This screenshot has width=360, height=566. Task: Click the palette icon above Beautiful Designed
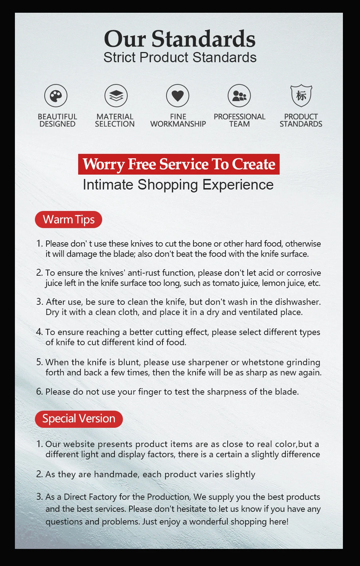click(56, 96)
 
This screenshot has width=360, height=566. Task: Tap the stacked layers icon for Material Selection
click(116, 96)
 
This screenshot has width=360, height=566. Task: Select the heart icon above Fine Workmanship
click(177, 96)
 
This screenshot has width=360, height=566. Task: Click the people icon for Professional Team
click(239, 96)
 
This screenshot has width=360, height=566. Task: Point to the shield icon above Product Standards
click(301, 96)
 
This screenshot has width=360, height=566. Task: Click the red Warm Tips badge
click(68, 220)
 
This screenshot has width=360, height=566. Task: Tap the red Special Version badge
click(79, 419)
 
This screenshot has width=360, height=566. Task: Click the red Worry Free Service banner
click(179, 164)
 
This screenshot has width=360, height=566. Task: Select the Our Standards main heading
click(180, 39)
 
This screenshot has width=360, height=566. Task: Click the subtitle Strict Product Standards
click(180, 57)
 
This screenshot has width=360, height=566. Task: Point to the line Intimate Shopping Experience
click(178, 185)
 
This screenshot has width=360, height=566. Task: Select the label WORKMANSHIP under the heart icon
click(178, 124)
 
